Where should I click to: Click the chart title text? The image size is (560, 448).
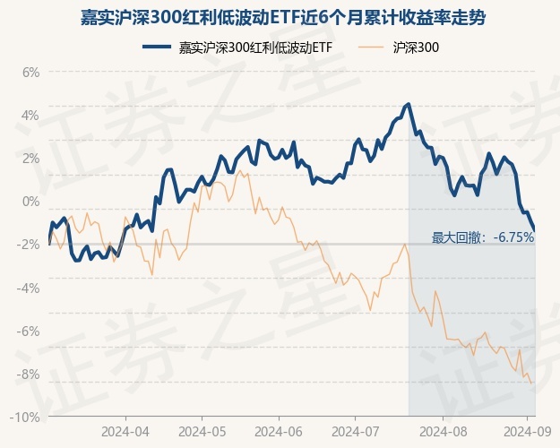coord(280,16)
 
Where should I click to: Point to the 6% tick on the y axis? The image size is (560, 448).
coord(31,72)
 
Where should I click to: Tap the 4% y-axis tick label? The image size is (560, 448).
coord(31,115)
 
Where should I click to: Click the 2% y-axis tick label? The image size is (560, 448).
coord(31,158)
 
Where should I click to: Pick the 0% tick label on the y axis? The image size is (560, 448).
coord(31,201)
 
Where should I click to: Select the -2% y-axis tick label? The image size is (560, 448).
coord(30,245)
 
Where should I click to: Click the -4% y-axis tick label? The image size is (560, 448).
coord(30,288)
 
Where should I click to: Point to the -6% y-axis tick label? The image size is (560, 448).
coord(30,331)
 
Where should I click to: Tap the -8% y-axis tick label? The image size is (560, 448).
coord(30,374)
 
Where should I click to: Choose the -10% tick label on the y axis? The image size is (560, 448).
coord(27,417)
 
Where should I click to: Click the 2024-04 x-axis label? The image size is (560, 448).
coord(125,431)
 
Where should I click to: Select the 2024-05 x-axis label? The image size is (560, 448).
coord(202,431)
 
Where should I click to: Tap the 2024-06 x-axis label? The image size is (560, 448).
coord(280,431)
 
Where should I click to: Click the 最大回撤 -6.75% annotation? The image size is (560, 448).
coord(483,237)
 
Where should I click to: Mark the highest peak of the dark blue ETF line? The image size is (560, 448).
coord(409,104)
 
